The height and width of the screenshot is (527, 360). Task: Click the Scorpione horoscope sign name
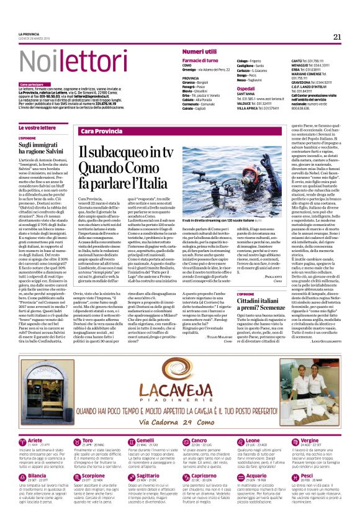coord(92,475)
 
